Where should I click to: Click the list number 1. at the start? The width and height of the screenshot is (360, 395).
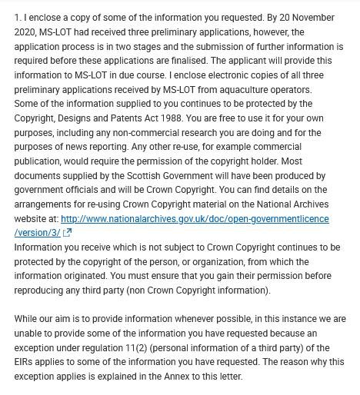pyautogui.click(x=18, y=18)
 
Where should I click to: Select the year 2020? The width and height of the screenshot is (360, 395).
pyautogui.click(x=27, y=32)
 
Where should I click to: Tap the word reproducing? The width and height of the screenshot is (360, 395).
pyautogui.click(x=42, y=290)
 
